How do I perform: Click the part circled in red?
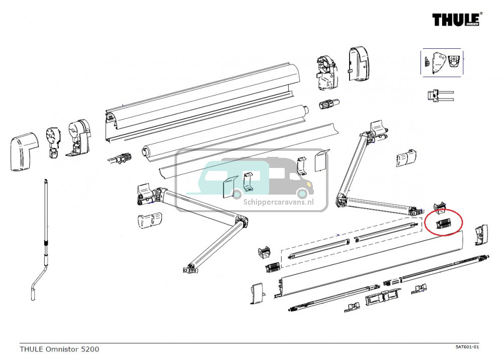tap(443, 223)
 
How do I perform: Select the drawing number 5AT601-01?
tap(467, 347)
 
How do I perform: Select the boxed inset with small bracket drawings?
tap(441, 63)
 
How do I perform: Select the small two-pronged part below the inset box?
tap(439, 96)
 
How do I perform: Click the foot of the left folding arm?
tap(190, 268)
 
